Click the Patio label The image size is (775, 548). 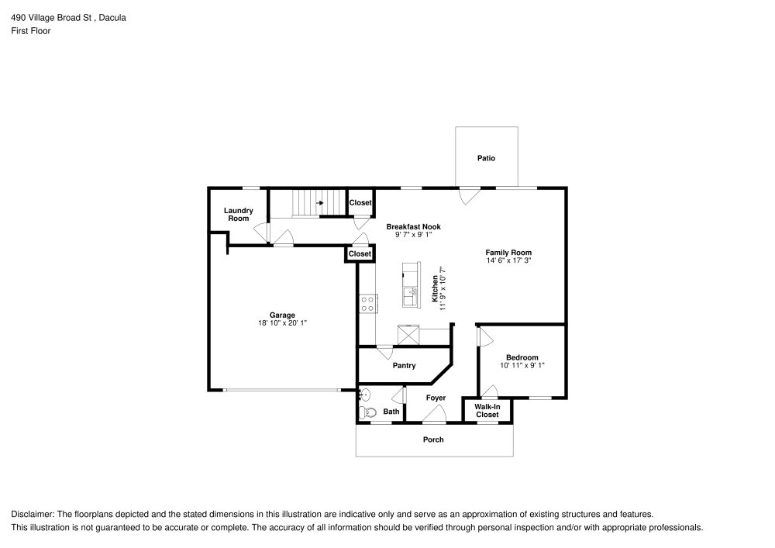[x=486, y=158]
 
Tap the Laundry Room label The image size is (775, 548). [x=239, y=215]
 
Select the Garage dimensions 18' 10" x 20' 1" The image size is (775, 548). [x=282, y=322]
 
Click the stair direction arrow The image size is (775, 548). [x=319, y=203]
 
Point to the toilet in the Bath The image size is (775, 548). [x=368, y=412]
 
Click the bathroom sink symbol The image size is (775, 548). [x=364, y=394]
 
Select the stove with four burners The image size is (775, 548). [x=367, y=304]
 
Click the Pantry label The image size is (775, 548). [x=404, y=366]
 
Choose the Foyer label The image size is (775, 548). [x=436, y=398]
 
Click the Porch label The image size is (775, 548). [x=433, y=439]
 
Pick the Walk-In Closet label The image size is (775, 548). [x=487, y=410]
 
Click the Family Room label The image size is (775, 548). [x=508, y=252]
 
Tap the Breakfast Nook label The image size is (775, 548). [x=413, y=226]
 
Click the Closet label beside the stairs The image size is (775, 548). [x=360, y=203]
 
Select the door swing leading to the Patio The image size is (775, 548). [x=467, y=196]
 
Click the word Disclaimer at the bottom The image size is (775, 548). [x=31, y=514]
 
